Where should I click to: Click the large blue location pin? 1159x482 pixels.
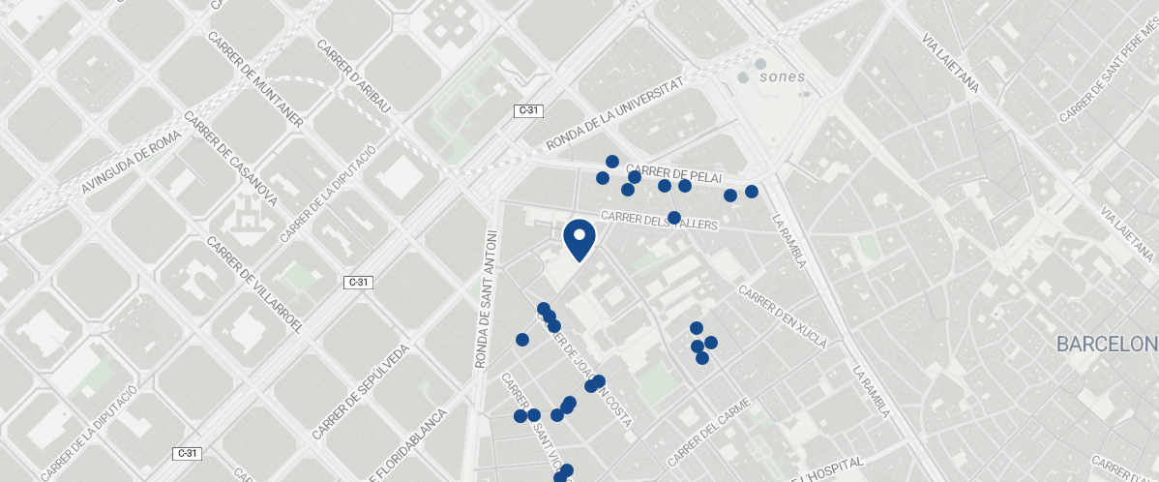[x=579, y=240]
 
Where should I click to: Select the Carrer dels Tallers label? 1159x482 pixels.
[x=660, y=221]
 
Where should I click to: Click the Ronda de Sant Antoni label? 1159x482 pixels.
[x=485, y=298]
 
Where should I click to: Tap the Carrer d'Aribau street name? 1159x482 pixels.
[x=353, y=76]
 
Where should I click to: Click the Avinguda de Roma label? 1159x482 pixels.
[x=132, y=163]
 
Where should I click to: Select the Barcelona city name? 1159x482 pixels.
[x=1107, y=345]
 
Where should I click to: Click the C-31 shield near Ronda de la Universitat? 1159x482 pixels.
[x=527, y=111]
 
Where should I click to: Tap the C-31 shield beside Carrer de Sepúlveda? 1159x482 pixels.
[x=358, y=283]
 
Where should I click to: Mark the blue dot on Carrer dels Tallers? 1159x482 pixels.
[x=674, y=217]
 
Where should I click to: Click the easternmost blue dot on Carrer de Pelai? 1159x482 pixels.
[x=752, y=192]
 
